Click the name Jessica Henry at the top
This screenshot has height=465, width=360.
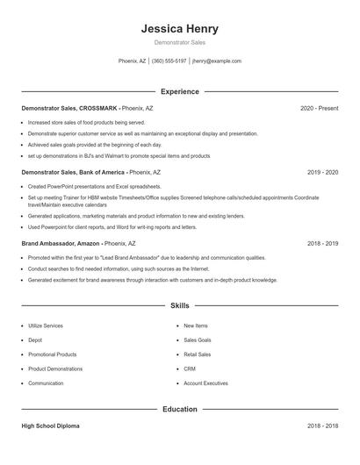pos(179,28)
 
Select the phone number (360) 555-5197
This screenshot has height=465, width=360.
pos(169,61)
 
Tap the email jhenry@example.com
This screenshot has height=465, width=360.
pos(216,61)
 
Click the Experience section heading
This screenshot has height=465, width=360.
pos(179,91)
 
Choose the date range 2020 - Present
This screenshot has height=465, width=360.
pos(319,108)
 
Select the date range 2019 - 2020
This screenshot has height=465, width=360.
pos(322,173)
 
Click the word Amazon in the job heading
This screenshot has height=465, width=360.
pos(90,243)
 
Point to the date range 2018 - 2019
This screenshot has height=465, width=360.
pos(322,243)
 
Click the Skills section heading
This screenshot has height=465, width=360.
pos(179,305)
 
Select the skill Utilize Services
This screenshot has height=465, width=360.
pos(46,325)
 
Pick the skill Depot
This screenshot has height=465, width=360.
pos(35,340)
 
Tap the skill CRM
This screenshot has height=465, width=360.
pos(189,368)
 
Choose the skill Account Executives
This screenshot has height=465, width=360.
pos(205,383)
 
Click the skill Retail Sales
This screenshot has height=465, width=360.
pos(197,354)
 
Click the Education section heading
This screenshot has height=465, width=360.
pos(179,409)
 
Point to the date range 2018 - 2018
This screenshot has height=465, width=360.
pos(322,426)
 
